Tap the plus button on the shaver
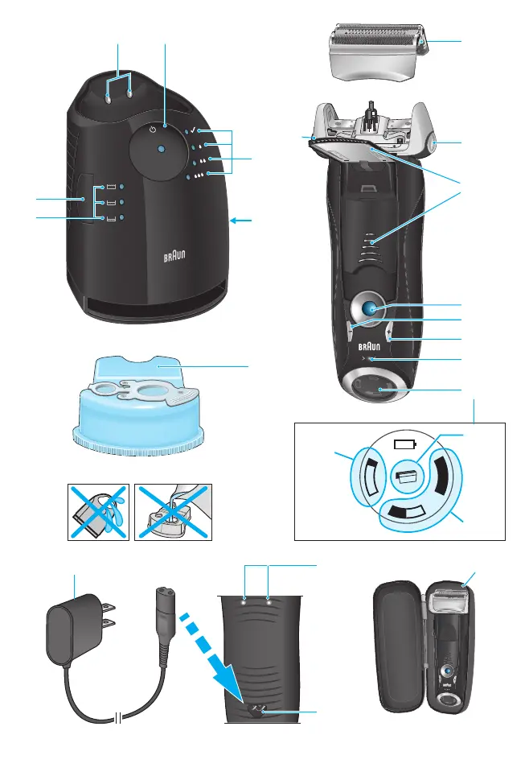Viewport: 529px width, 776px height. (390, 332)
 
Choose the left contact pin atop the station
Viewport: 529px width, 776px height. (108, 98)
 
